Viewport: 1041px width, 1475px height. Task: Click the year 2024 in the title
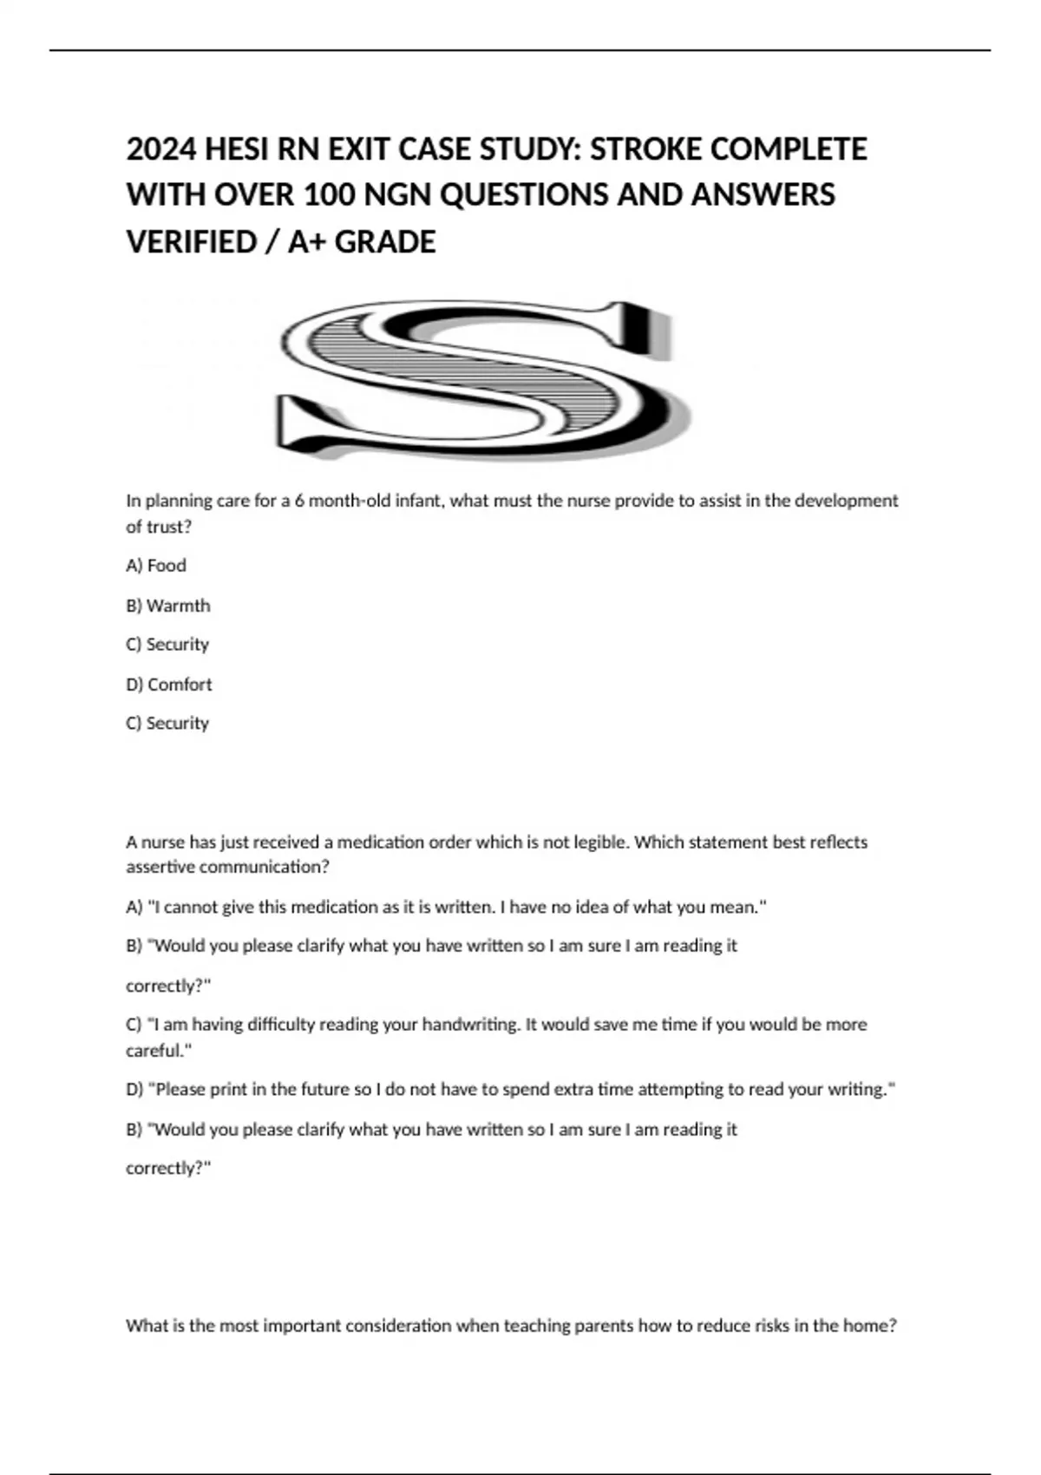pyautogui.click(x=161, y=150)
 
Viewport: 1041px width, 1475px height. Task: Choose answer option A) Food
pyautogui.click(x=156, y=566)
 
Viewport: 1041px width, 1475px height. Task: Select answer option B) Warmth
pyautogui.click(x=168, y=606)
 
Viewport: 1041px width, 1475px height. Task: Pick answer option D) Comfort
pyautogui.click(x=169, y=685)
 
